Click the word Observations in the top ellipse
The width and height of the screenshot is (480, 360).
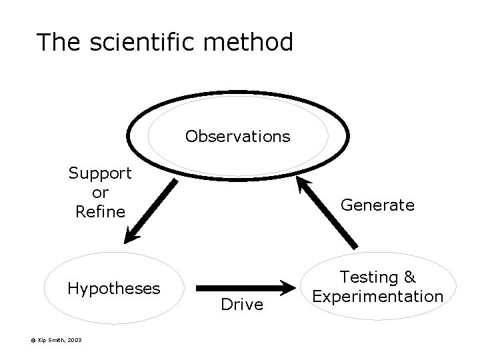point(238,137)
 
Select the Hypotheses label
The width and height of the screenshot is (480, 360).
point(114,288)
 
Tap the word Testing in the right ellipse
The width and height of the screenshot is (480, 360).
point(369,277)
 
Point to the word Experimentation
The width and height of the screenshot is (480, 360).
point(378,295)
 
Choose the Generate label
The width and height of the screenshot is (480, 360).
point(377,205)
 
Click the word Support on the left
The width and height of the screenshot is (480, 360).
point(100,174)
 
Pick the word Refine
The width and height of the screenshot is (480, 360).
point(101,212)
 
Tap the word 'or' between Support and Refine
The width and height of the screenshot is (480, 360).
point(100,193)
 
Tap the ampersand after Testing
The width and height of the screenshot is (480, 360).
point(409,277)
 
